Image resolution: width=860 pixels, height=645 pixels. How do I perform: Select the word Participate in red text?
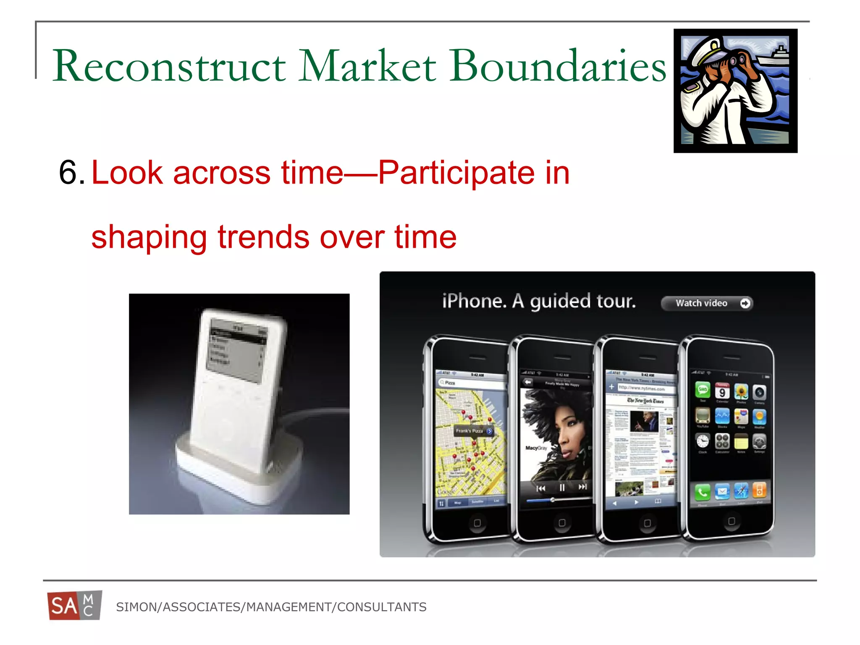(456, 173)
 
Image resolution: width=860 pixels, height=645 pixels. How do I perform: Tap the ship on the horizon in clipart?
(775, 57)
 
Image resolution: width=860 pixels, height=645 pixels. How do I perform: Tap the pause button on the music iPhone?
(561, 488)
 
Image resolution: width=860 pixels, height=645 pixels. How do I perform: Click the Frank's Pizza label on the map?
(470, 431)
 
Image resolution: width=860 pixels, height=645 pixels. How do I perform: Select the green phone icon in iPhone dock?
(702, 492)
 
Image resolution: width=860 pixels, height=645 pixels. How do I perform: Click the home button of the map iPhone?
(477, 523)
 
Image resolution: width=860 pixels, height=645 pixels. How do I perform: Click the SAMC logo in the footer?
(74, 606)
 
